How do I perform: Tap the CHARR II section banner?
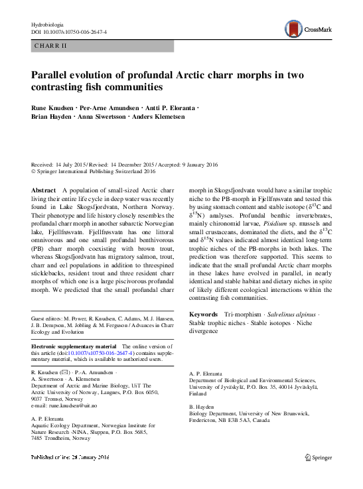50,46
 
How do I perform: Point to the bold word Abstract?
43,190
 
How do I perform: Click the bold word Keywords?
204,313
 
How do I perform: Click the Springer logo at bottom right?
318,475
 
